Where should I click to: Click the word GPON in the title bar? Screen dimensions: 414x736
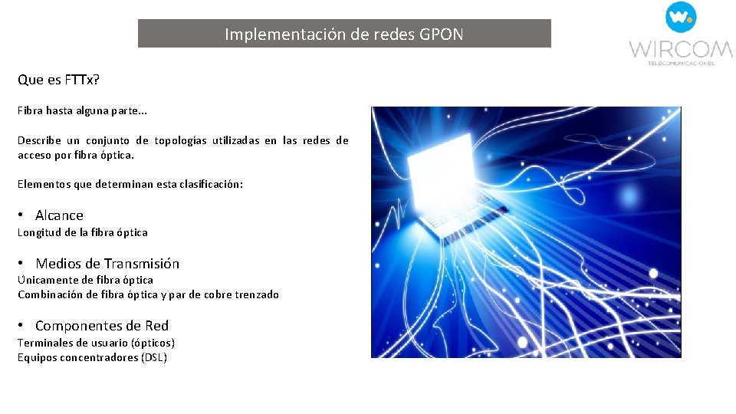442,34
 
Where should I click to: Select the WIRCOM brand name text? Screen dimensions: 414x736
681,50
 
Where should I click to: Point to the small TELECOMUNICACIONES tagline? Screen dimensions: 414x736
681,64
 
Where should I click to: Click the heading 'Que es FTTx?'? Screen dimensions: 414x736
58,80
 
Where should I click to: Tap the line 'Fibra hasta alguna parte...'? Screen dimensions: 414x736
83,110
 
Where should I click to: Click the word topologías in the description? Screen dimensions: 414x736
180,140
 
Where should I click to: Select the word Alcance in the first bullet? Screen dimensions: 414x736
59,215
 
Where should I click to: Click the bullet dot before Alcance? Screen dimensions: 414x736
22,215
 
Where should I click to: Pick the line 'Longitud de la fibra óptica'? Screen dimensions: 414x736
83,232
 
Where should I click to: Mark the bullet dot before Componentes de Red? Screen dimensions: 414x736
22,326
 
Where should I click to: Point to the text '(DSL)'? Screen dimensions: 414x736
154,357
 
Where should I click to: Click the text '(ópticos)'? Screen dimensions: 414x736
153,343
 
